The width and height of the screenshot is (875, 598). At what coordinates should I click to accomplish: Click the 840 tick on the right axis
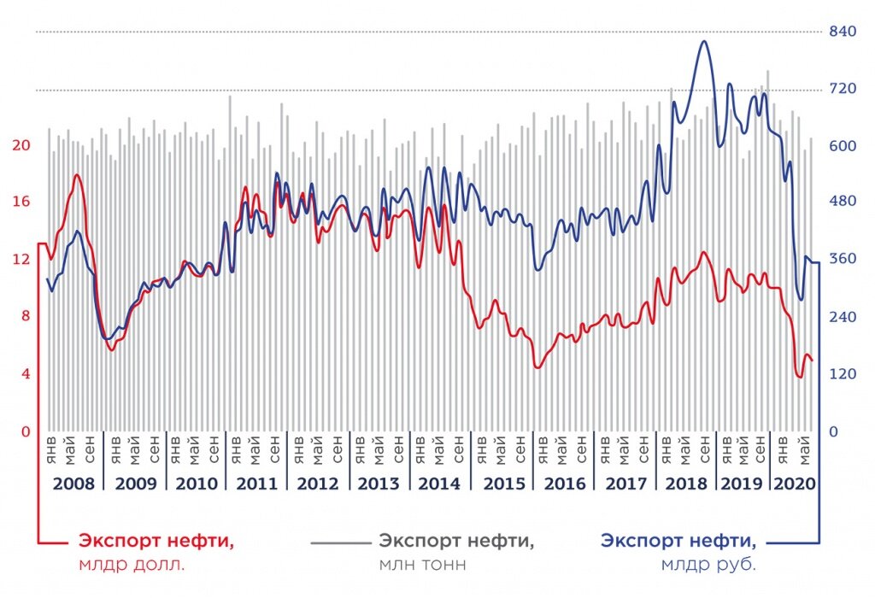click(843, 32)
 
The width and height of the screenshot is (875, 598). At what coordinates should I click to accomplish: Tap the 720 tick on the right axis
click(843, 89)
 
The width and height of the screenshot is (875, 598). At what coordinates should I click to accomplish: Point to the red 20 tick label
click(21, 145)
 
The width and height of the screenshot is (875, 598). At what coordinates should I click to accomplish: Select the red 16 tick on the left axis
click(21, 202)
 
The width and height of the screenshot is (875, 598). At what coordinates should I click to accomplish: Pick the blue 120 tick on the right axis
click(843, 374)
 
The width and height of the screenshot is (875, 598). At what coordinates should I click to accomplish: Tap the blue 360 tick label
click(843, 260)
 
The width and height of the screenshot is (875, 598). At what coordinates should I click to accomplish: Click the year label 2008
click(73, 484)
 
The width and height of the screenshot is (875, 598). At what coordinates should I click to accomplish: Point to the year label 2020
click(794, 484)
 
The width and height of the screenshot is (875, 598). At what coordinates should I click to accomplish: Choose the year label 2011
click(256, 484)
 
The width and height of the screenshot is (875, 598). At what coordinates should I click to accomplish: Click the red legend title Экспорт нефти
click(156, 541)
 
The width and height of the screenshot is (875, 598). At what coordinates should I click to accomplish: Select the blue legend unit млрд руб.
click(708, 565)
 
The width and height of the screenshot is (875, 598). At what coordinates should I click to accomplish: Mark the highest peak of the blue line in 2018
click(702, 41)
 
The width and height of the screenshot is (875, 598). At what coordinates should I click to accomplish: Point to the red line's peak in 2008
click(77, 175)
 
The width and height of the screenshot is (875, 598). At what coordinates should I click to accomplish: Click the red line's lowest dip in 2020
click(800, 377)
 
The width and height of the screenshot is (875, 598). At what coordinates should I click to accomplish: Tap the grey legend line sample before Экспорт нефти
click(340, 542)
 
